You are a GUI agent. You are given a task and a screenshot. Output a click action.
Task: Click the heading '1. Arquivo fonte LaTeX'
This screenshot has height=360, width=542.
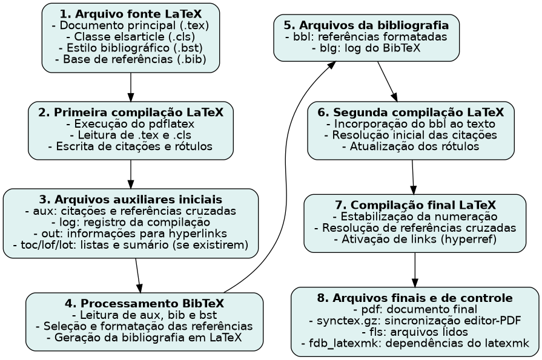(130, 14)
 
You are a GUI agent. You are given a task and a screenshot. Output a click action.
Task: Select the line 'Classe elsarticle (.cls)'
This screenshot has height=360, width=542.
(130, 36)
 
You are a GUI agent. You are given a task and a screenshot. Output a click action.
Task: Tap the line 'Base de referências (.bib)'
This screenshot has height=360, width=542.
(130, 59)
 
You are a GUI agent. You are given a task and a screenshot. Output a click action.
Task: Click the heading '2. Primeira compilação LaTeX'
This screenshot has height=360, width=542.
(130, 113)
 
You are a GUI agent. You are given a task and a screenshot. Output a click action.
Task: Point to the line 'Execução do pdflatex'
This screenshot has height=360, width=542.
(130, 124)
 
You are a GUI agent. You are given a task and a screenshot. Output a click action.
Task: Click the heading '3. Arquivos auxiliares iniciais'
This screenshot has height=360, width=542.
(130, 200)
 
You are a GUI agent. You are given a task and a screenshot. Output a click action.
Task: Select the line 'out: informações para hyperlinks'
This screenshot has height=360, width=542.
(130, 234)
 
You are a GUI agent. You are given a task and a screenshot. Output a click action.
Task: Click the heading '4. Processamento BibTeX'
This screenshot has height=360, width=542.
(144, 304)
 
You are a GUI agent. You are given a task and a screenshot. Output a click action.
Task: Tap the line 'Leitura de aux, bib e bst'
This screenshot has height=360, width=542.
(144, 315)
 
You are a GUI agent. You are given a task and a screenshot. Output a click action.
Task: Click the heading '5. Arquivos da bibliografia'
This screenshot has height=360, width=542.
(366, 25)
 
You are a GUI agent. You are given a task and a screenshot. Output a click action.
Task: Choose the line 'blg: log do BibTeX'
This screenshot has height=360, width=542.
(366, 48)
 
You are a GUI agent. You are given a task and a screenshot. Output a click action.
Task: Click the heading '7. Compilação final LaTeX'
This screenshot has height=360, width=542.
(415, 205)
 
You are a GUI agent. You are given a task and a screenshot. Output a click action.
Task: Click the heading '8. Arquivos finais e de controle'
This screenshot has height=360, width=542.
(415, 298)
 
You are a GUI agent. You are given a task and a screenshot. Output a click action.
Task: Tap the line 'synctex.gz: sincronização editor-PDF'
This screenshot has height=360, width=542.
(415, 321)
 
